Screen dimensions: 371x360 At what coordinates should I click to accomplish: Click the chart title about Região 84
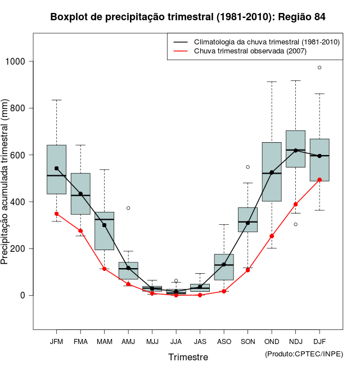coord(188,17)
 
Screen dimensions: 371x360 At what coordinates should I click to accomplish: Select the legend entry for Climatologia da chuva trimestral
coord(266,42)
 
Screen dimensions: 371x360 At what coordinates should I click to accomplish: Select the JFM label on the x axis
coord(56,341)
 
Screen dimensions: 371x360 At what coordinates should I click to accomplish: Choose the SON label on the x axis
coord(247,341)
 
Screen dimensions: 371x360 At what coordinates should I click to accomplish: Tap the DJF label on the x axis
coord(319,341)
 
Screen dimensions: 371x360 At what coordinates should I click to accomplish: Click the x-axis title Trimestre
coord(188,357)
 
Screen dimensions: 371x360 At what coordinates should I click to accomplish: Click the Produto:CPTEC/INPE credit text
coord(304,354)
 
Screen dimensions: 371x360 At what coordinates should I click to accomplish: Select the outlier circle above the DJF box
coord(319,67)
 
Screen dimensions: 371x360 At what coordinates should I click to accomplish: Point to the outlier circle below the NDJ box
coord(295,224)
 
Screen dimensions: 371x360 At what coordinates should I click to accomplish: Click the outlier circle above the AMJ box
coord(128,208)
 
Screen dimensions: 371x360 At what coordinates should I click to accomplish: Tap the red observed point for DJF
coord(319,180)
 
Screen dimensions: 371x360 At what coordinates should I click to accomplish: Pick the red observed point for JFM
coord(56,214)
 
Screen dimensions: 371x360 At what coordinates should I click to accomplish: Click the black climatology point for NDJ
coord(295,150)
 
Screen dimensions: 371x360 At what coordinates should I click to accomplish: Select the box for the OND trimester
coord(272,171)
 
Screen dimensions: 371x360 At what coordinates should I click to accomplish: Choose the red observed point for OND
coord(272,236)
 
